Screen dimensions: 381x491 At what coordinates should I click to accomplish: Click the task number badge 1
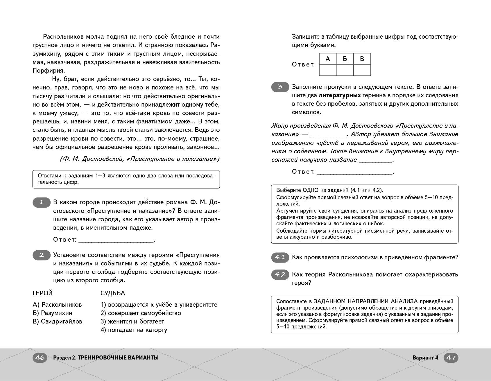click(x=41, y=202)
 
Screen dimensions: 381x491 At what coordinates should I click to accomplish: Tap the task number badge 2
click(x=41, y=255)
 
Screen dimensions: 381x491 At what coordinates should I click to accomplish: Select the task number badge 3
click(x=280, y=87)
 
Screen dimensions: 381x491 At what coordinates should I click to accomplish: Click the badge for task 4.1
click(x=280, y=257)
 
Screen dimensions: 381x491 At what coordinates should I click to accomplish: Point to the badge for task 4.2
click(x=280, y=274)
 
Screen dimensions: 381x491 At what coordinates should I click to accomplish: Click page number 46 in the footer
click(x=40, y=357)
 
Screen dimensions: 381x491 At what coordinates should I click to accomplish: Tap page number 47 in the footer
click(x=451, y=357)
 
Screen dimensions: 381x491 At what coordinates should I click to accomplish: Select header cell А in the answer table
click(x=328, y=59)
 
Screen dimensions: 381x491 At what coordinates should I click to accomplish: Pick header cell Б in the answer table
click(x=345, y=59)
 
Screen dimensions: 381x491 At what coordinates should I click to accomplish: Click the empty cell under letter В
click(x=362, y=70)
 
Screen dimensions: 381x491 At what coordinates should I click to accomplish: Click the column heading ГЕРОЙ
click(x=42, y=293)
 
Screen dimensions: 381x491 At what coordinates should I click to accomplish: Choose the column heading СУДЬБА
click(x=113, y=293)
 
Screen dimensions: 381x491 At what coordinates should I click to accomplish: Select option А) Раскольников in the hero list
click(x=57, y=305)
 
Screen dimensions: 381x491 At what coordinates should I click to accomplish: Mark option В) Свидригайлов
click(x=57, y=321)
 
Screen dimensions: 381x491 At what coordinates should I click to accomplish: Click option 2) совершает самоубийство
click(x=141, y=313)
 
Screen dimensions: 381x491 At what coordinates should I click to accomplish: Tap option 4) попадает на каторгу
click(x=134, y=330)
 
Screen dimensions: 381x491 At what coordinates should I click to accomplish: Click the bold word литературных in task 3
click(x=340, y=96)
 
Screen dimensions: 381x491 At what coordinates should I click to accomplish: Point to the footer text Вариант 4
click(x=425, y=357)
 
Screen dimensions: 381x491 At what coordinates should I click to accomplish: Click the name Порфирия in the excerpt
click(x=48, y=71)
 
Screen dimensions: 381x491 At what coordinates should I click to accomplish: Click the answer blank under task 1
click(x=116, y=240)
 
